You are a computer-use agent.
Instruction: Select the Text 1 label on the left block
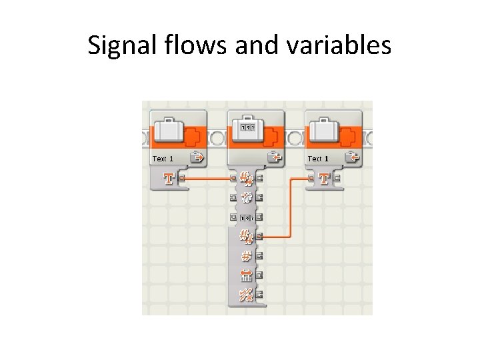pos(163,159)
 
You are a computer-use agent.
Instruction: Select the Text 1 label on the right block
pos(318,159)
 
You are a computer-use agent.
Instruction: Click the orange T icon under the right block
pos(324,179)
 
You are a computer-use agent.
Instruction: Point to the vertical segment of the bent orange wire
pos(291,207)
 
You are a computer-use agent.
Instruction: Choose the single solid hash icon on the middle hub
pos(245,255)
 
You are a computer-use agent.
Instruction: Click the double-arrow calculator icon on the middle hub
pos(245,275)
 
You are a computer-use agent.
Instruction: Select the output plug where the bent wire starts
pos(258,236)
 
